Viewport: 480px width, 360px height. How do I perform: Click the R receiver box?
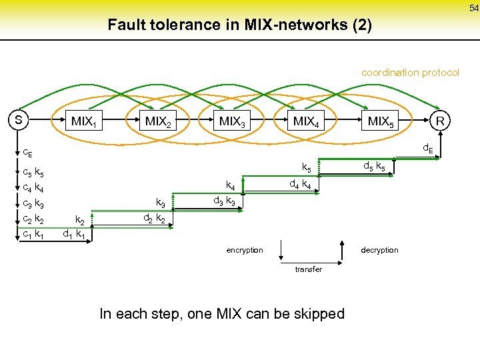439,121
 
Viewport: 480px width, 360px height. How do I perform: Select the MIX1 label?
84,122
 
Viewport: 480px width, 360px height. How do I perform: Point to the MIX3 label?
232,122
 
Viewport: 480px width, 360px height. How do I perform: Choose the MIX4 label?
306,122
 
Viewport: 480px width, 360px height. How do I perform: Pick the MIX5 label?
381,122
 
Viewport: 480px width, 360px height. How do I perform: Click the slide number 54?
472,7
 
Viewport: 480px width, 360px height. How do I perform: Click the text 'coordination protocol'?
410,72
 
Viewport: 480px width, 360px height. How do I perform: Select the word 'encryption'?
245,250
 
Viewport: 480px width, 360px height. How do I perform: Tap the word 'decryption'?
379,250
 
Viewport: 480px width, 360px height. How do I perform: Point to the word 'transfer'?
308,269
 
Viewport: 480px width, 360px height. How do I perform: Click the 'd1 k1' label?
73,234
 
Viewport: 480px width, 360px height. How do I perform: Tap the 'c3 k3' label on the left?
33,203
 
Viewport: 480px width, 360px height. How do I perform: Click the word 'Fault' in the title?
126,25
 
